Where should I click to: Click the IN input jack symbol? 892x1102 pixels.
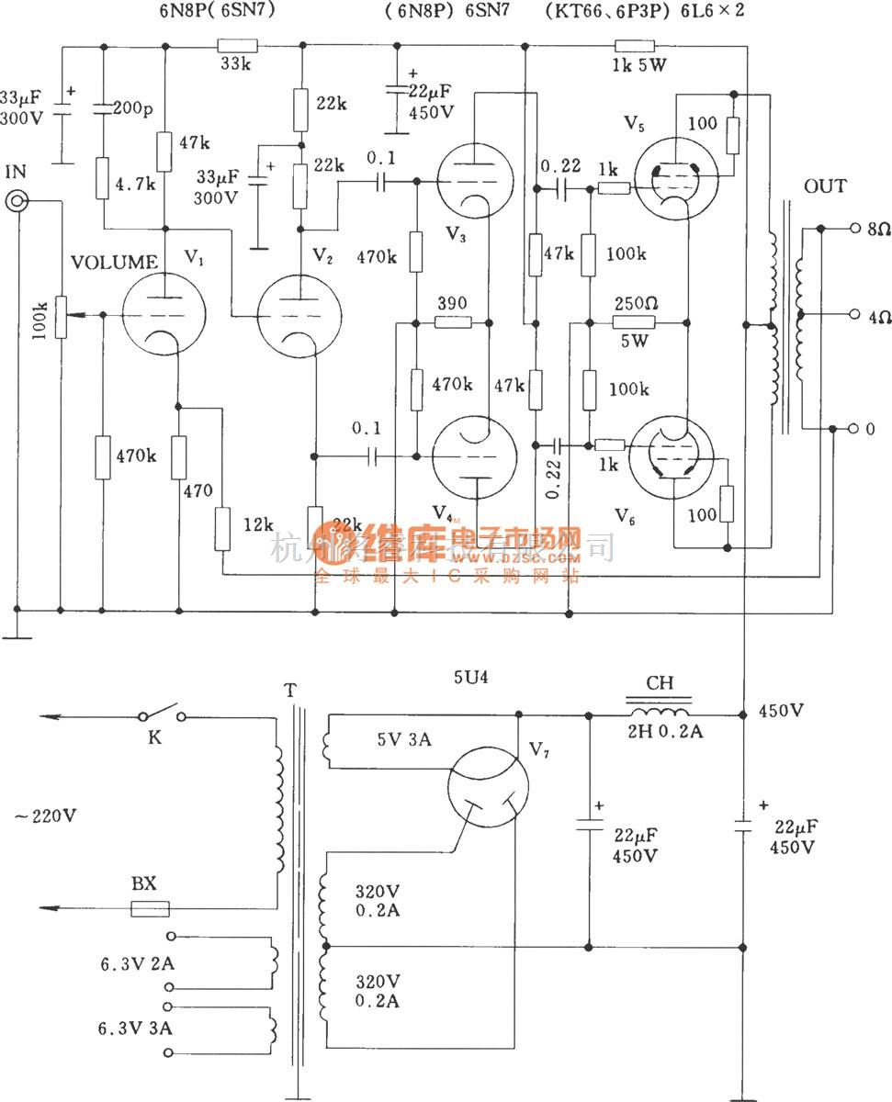17,202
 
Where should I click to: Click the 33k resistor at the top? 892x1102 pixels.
238,45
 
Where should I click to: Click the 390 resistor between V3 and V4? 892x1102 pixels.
452,322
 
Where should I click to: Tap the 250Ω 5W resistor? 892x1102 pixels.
634,322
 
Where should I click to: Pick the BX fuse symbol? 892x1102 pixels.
149,909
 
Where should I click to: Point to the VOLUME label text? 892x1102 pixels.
115,263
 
